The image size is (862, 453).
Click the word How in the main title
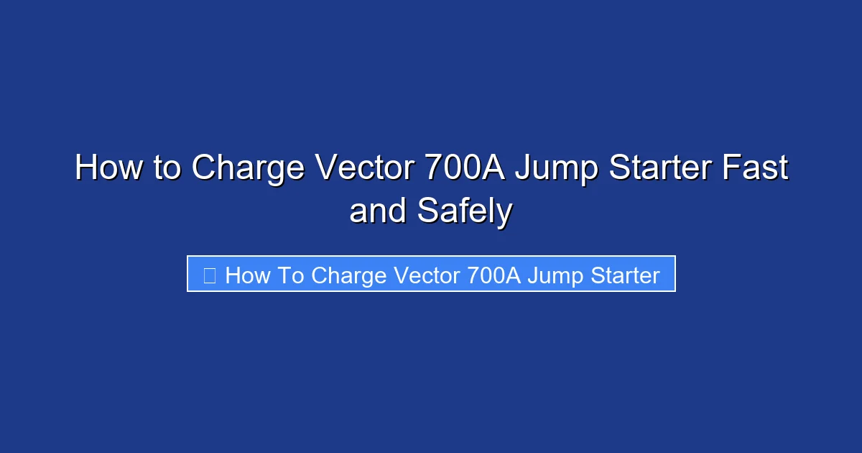coord(108,168)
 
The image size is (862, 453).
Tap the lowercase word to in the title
coord(167,168)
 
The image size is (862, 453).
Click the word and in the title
coord(376,211)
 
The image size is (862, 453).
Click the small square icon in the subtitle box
coord(210,275)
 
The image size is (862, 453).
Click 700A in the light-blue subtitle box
coord(493,275)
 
